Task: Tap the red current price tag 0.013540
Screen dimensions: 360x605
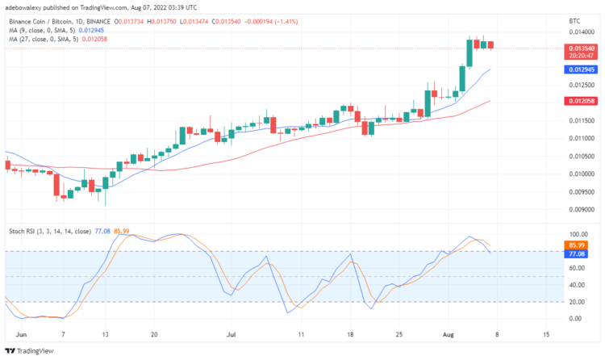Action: pos(581,48)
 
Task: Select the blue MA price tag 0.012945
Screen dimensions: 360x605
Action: pos(581,70)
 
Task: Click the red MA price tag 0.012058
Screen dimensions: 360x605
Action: pos(581,101)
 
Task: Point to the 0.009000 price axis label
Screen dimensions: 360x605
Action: pos(580,209)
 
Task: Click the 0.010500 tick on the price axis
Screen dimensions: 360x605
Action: pos(580,156)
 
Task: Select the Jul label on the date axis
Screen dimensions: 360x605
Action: pos(232,333)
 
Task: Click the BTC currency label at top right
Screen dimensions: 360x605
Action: pos(574,19)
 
